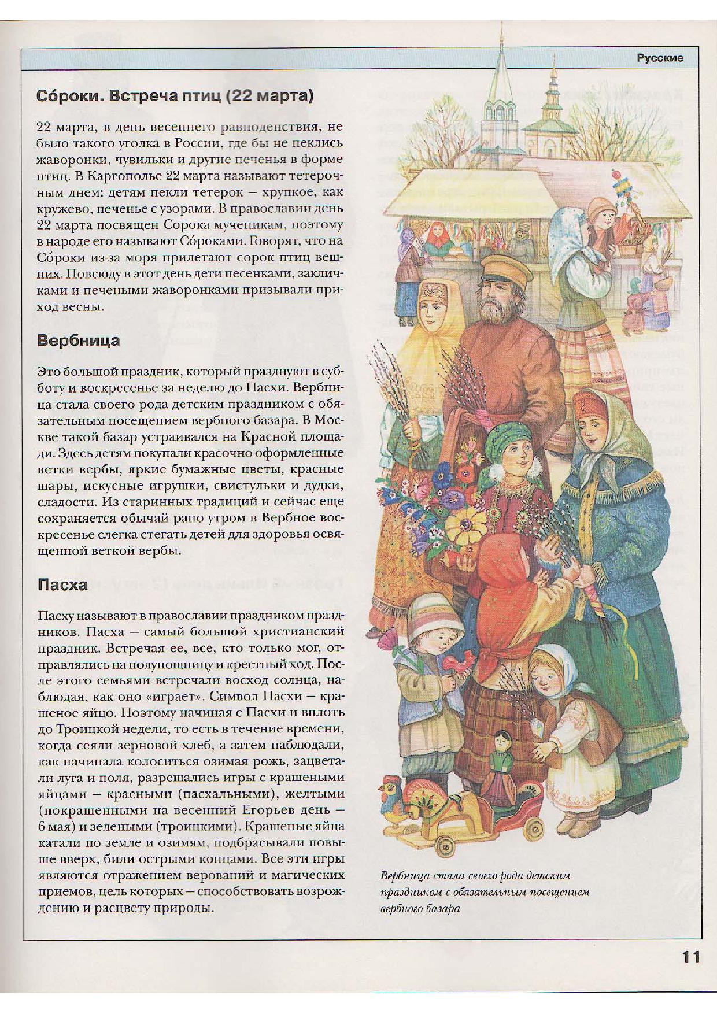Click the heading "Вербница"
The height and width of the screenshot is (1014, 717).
(x=78, y=340)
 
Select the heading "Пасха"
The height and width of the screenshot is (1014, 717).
(x=62, y=584)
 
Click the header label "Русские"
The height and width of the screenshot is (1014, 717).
(x=660, y=58)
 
